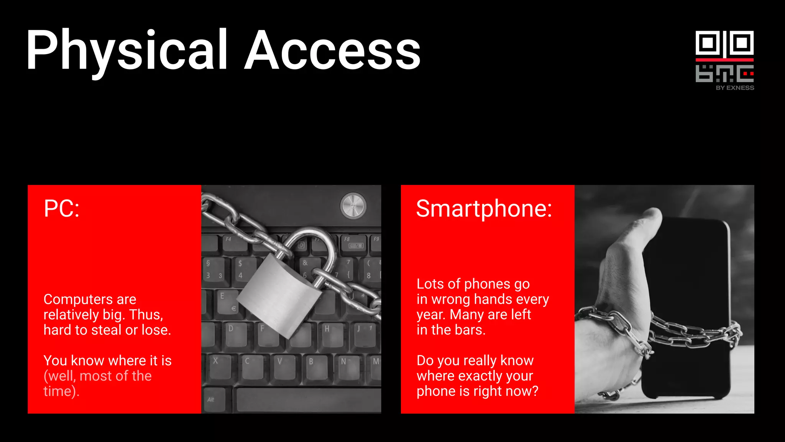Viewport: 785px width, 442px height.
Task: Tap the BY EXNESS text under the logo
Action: (735, 88)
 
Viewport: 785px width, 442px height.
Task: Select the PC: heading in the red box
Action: (62, 209)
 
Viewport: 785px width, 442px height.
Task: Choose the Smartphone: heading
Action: (484, 209)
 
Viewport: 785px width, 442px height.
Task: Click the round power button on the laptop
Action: (353, 206)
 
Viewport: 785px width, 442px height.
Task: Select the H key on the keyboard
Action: (329, 332)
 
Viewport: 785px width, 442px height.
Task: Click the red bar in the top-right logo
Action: (724, 60)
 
